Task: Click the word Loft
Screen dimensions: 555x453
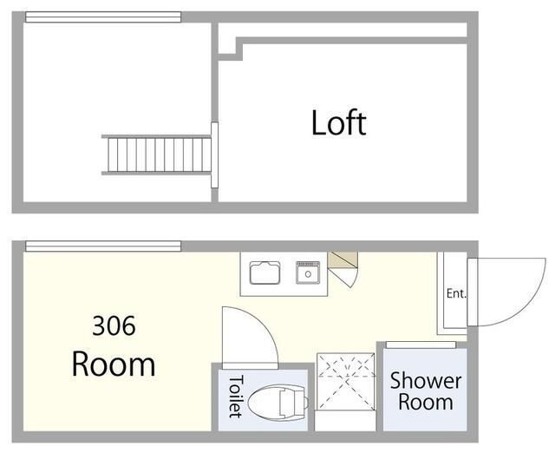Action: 339,123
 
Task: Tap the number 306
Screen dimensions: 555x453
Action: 114,325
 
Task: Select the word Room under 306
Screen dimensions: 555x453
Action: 114,364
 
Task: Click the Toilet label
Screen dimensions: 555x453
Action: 236,397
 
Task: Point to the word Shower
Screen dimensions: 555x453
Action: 426,381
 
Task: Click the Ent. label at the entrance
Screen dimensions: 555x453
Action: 456,293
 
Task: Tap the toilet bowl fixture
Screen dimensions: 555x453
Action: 278,403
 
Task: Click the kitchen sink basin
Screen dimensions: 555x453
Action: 264,272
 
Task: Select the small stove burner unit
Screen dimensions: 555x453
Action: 308,272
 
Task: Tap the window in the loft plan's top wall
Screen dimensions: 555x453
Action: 103,17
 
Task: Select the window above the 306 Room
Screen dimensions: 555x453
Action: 103,246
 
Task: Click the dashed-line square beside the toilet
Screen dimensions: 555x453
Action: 345,382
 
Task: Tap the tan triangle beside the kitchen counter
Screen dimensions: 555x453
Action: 341,259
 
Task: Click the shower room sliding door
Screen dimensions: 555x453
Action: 421,345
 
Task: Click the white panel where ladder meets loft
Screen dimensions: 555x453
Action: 214,154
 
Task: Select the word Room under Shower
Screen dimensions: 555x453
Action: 426,403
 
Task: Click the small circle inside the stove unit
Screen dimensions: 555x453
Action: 308,274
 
